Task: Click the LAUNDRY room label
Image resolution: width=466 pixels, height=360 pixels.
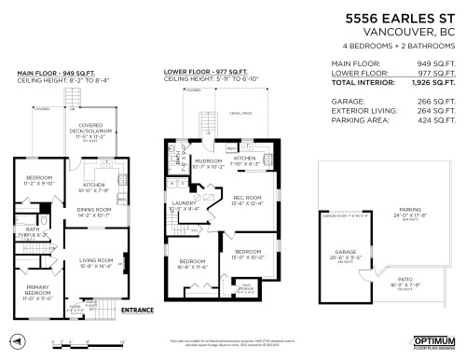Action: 183,204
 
